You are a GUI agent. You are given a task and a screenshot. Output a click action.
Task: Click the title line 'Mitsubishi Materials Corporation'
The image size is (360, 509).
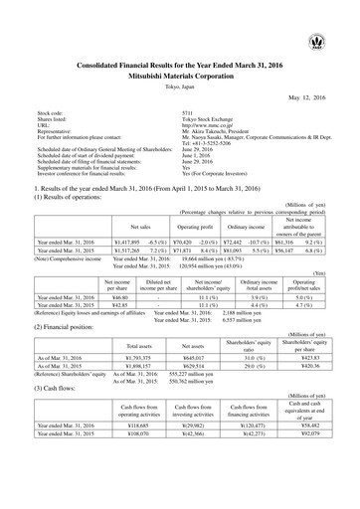pyautogui.click(x=179, y=73)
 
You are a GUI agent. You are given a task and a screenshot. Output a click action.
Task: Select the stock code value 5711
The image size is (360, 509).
pyautogui.click(x=175, y=114)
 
